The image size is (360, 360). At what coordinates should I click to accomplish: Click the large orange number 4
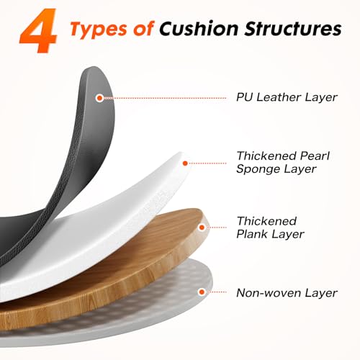click(x=38, y=30)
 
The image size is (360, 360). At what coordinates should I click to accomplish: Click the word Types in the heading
click(x=99, y=30)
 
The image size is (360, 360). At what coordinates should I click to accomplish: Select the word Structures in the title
click(x=293, y=29)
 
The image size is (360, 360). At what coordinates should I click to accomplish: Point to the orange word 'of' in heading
click(x=143, y=29)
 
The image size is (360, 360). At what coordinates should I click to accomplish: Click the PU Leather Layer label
click(x=287, y=97)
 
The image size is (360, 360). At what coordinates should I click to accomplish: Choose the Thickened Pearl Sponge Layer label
click(x=283, y=162)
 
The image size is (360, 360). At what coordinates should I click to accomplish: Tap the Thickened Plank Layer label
click(x=270, y=228)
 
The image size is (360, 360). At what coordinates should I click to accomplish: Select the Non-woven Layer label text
click(x=287, y=293)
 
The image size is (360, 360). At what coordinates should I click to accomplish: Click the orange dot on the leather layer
click(x=99, y=98)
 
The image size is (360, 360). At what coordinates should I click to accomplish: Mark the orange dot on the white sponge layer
click(x=185, y=163)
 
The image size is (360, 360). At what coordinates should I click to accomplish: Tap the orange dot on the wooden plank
click(x=202, y=228)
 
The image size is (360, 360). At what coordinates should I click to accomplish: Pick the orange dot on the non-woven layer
click(x=202, y=292)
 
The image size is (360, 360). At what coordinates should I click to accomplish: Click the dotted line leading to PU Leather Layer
click(x=165, y=98)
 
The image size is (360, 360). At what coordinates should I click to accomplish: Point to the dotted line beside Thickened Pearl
click(x=207, y=163)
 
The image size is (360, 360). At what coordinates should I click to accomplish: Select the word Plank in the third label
click(x=252, y=234)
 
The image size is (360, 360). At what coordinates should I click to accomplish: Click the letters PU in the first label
click(x=244, y=97)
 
